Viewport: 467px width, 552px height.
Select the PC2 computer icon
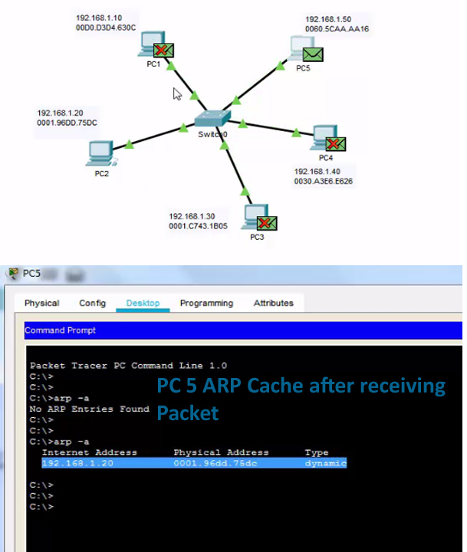100,153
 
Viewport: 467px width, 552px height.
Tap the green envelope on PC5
312,54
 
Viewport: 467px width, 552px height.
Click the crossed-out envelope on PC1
163,51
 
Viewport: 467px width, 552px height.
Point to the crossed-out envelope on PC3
267,223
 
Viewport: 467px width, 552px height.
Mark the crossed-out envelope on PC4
335,143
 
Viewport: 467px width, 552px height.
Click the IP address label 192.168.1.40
317,172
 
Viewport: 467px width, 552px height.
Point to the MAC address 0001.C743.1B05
200,226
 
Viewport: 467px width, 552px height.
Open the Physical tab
41,303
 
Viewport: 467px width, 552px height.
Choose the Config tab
92,303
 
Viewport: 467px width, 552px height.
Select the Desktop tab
143,303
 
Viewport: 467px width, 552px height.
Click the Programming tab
206,303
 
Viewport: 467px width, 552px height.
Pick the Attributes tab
273,303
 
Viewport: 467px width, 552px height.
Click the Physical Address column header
221,452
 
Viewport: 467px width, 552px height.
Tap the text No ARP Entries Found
89,409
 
